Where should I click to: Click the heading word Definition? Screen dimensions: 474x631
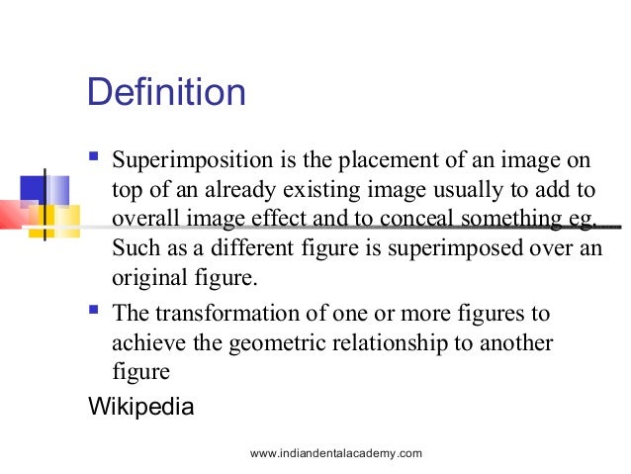166,93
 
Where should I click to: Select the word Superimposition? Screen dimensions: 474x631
181,160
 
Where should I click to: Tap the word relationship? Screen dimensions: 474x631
407,342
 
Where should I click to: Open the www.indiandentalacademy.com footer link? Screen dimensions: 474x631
336,453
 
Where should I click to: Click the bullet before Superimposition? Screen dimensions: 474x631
94,157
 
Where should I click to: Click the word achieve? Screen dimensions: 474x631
144,342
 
